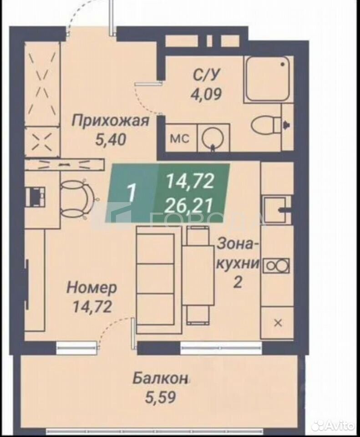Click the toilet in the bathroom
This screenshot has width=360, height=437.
point(267,125)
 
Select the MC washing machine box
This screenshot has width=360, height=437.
point(180,138)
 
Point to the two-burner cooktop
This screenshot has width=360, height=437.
point(276,265)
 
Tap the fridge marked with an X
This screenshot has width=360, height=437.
point(278,323)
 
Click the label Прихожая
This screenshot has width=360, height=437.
point(110,121)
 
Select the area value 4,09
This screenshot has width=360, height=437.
point(206,94)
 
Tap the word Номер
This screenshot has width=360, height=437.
point(91,287)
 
